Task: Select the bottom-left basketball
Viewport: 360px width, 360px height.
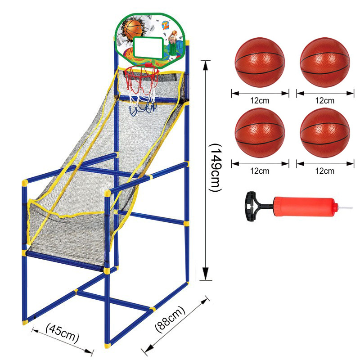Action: [x=260, y=132]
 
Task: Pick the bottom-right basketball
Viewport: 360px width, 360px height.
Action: [x=324, y=132]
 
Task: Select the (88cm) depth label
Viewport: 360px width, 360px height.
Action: [x=170, y=319]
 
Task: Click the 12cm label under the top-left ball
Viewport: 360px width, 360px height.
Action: [x=260, y=100]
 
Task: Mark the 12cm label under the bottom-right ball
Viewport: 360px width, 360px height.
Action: [x=324, y=171]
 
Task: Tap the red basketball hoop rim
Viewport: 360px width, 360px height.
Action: [x=141, y=70]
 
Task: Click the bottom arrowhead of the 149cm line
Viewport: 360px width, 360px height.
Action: [x=206, y=274]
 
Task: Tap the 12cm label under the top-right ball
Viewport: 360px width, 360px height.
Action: [x=324, y=100]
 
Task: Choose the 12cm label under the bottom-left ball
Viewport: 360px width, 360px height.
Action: [x=260, y=171]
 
